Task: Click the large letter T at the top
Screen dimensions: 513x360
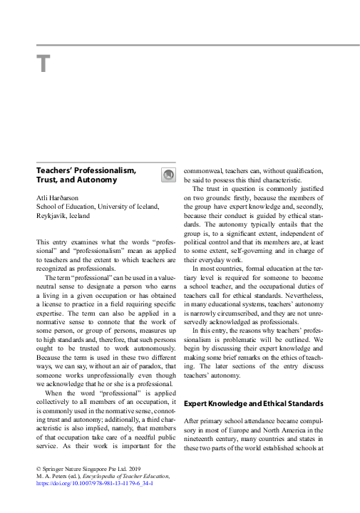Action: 43,65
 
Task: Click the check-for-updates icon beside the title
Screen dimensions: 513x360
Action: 168,175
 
